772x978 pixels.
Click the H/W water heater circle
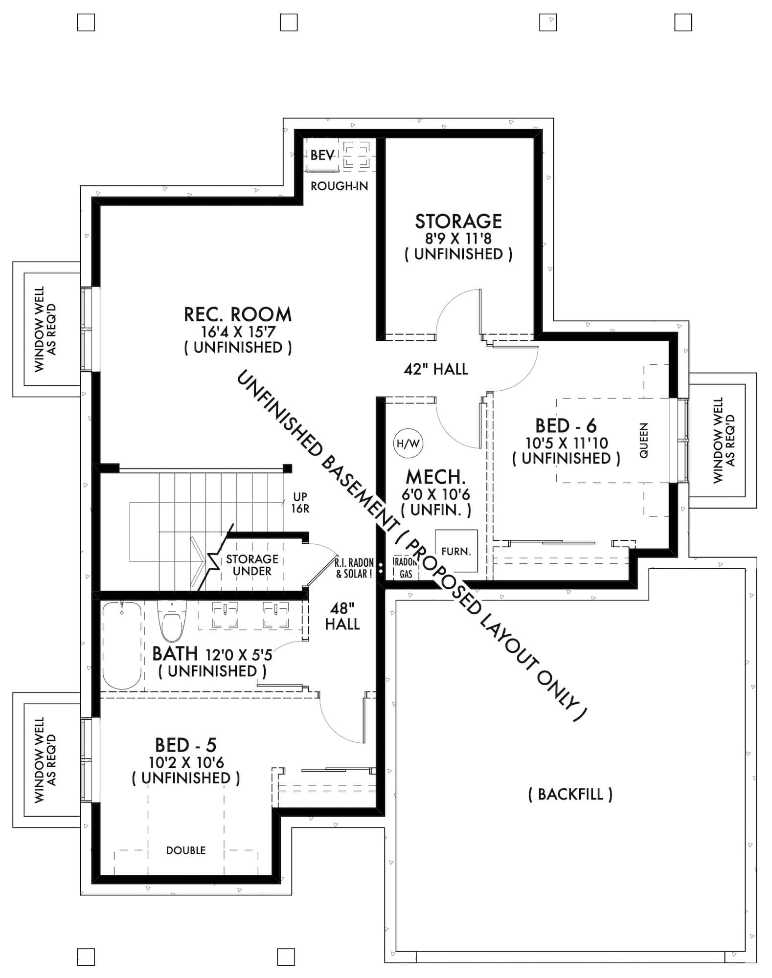tap(408, 444)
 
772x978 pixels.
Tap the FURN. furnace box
tap(456, 551)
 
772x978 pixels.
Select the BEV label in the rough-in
tap(322, 156)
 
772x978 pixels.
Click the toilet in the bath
tap(171, 622)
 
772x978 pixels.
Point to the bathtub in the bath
tap(122, 645)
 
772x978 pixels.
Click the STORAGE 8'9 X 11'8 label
tap(458, 237)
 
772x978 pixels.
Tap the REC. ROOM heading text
tap(238, 314)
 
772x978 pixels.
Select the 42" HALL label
tap(435, 369)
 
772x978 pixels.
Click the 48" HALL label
tap(342, 616)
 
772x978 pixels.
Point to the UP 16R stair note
tap(300, 503)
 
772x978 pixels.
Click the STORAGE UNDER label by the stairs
tap(252, 565)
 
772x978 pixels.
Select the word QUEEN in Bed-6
tap(644, 440)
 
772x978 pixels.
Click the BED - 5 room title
tap(185, 745)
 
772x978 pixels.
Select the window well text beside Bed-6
tap(724, 440)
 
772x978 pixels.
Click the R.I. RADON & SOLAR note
tap(354, 568)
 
